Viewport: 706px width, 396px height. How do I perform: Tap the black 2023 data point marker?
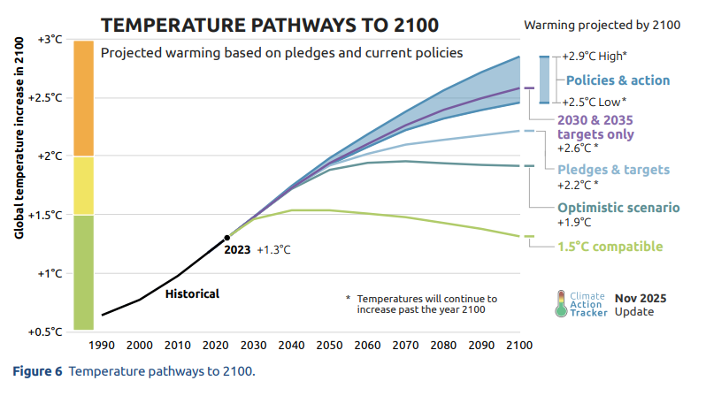point(227,237)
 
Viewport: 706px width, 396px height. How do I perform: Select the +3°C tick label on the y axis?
point(50,39)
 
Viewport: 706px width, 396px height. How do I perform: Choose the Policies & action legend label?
point(618,80)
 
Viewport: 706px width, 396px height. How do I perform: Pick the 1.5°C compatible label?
point(610,247)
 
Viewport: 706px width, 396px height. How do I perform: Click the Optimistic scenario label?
point(618,208)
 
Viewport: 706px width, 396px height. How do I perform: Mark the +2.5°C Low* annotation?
point(595,102)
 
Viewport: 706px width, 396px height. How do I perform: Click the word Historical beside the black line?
point(192,293)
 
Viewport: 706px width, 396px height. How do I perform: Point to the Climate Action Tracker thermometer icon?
point(561,304)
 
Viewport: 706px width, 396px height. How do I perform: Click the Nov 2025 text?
point(641,299)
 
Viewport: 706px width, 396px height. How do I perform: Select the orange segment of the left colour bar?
point(84,98)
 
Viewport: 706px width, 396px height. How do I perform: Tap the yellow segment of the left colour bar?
point(84,185)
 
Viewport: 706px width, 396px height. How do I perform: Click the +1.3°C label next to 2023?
point(273,250)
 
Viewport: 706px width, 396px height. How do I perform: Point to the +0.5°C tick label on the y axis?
point(48,332)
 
